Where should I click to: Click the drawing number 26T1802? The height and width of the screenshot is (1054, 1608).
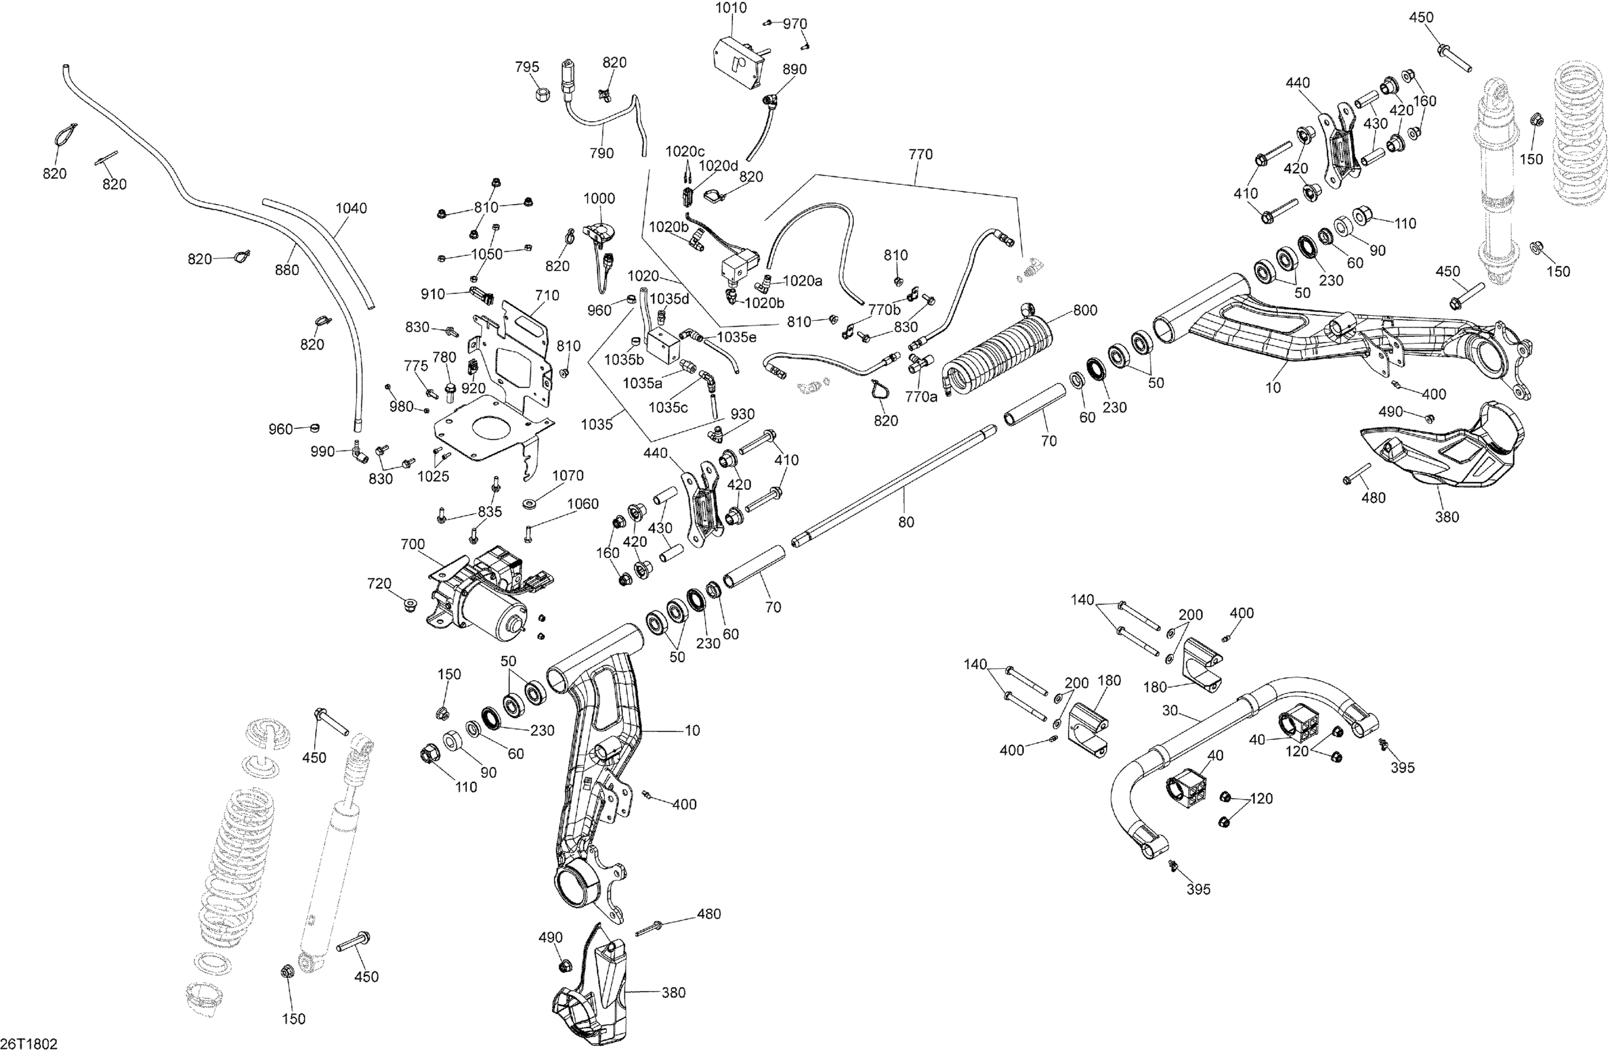click(29, 1044)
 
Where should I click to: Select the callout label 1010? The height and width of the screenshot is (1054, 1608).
click(731, 8)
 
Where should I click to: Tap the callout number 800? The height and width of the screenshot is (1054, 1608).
click(1085, 310)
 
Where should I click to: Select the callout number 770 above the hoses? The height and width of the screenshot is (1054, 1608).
click(920, 155)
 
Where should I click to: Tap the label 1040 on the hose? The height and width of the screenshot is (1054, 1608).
click(351, 208)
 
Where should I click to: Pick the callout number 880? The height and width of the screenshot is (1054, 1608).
click(287, 270)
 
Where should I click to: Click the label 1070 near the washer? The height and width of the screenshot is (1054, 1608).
click(568, 476)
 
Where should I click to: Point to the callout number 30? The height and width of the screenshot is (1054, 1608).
click(1170, 711)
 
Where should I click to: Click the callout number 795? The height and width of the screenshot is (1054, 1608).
click(527, 67)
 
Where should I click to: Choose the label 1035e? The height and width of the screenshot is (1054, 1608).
click(736, 337)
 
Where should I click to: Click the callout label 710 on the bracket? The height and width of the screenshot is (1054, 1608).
click(547, 295)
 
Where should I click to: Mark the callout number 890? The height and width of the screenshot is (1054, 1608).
click(794, 69)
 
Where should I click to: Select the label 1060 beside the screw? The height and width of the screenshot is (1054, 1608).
click(583, 504)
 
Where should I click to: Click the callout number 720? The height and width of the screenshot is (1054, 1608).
click(379, 584)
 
